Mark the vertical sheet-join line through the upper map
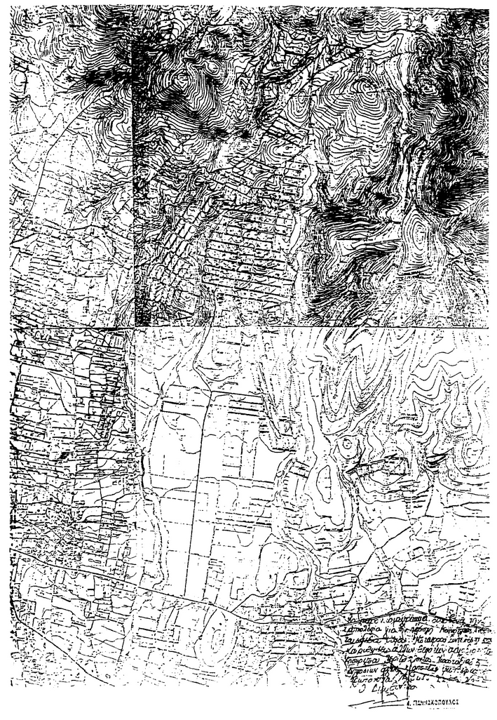pyautogui.click(x=132, y=175)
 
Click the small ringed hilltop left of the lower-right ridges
pyautogui.click(x=346, y=445)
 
